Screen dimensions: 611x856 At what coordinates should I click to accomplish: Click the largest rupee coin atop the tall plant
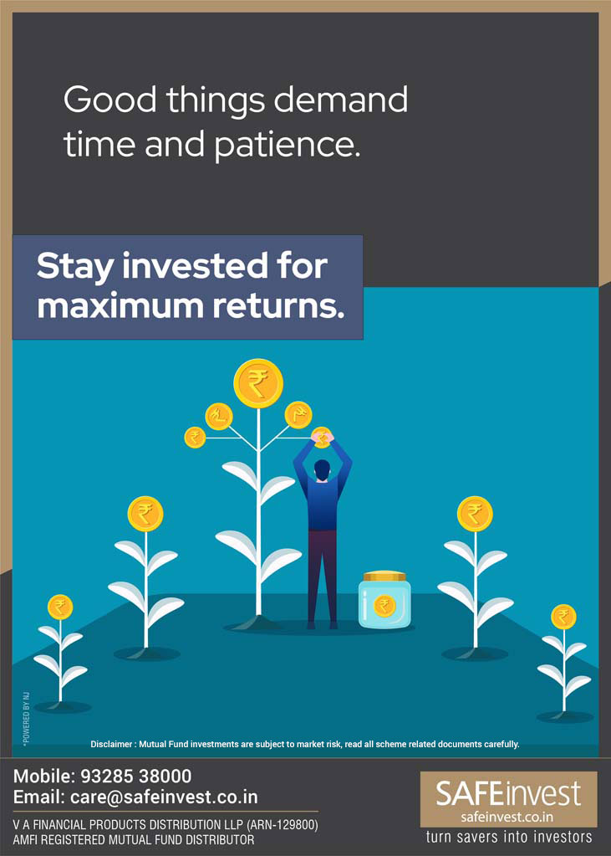tap(258, 382)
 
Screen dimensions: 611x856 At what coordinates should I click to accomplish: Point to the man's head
tap(322, 469)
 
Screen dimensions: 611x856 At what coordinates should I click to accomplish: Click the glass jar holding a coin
tap(384, 599)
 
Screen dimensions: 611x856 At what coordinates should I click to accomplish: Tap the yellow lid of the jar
tap(384, 576)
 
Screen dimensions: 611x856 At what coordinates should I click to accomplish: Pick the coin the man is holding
tap(322, 438)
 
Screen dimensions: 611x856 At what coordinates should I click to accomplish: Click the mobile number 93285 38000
tap(136, 776)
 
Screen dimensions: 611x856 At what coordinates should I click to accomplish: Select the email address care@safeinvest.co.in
tap(164, 797)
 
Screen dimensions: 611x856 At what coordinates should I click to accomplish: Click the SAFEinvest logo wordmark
tap(508, 792)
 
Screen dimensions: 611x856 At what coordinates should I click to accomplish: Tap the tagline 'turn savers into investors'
tap(508, 837)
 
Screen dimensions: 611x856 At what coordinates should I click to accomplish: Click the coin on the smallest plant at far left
tap(60, 607)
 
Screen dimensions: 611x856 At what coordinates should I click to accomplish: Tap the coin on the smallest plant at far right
tap(563, 617)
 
